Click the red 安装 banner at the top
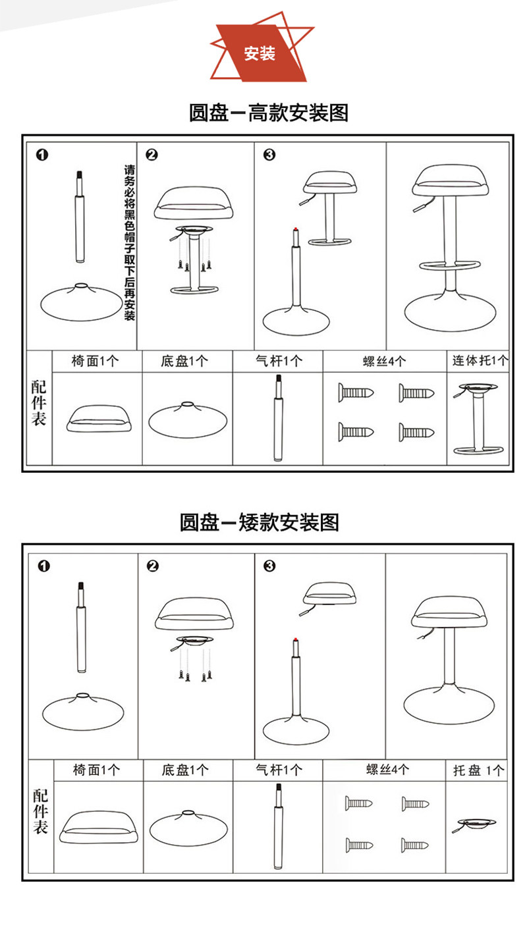coord(260,53)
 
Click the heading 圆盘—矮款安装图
coord(260,522)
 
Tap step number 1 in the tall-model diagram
coord(42,155)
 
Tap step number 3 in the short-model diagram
coord(269,566)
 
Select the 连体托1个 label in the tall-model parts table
coord(480,361)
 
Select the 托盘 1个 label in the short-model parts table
coord(478,770)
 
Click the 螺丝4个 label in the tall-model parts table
coord(384,361)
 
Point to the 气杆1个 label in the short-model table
coord(277,770)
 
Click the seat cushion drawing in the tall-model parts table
coord(97,418)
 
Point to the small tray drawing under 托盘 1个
coord(476,824)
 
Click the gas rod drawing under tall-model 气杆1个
coord(277,418)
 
